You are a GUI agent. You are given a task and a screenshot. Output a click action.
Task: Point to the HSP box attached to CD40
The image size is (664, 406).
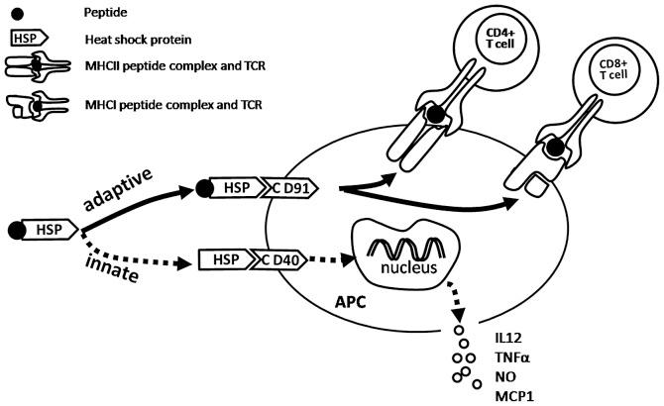point(224,260)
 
